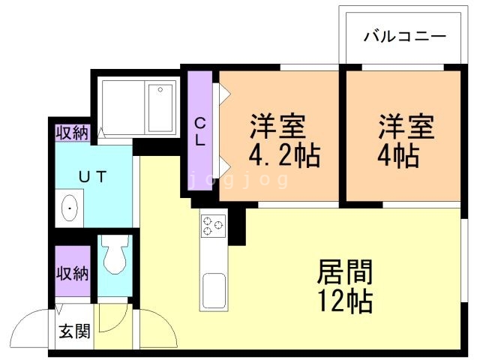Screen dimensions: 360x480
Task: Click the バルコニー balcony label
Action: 404,35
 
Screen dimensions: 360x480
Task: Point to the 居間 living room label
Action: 345,271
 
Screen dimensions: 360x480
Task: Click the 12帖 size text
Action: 345,301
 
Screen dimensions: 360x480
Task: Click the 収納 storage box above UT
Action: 72,133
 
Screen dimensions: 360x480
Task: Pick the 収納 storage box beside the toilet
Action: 72,273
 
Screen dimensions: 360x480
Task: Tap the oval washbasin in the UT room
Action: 70,208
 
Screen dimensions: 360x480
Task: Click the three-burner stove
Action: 212,226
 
